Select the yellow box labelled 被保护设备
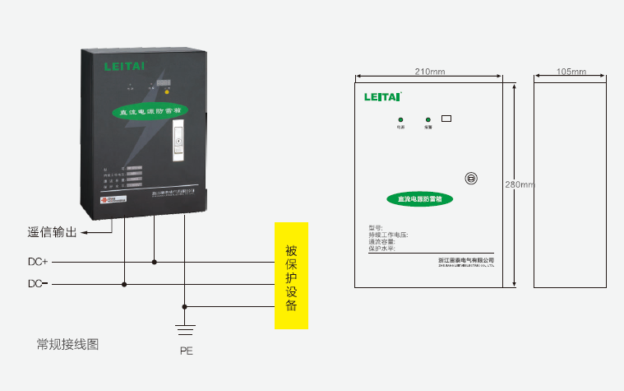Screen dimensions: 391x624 click(291, 276)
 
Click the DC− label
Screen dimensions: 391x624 click(39, 285)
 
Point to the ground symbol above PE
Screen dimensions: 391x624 click(186, 329)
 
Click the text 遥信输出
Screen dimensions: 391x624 click(53, 233)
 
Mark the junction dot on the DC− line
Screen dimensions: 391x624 click(124, 285)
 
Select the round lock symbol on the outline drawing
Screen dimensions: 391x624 click(471, 178)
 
